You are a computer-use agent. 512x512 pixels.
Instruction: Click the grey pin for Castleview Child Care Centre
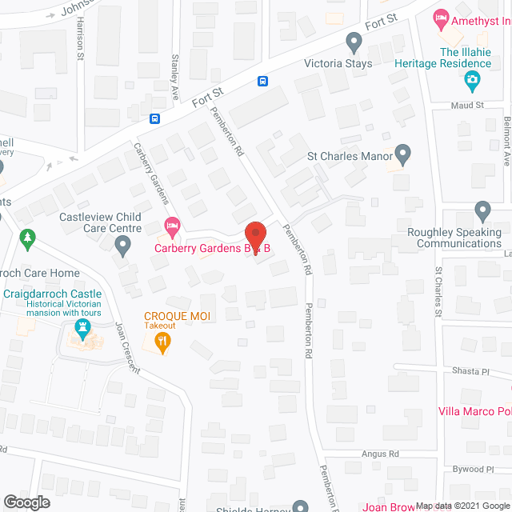(x=122, y=247)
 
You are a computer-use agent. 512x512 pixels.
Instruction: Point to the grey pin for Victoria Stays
(x=354, y=41)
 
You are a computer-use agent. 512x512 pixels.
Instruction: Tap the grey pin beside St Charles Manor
(x=402, y=154)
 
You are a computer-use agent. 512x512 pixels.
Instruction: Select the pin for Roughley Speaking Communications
(x=482, y=212)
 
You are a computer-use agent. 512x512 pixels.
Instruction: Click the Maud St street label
(x=468, y=105)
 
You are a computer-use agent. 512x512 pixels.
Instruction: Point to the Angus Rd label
(x=382, y=454)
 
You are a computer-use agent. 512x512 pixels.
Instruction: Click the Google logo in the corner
(x=26, y=502)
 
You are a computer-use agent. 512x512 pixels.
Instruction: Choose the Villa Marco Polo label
(x=475, y=412)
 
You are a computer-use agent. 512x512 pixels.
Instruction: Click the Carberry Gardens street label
(x=150, y=172)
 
